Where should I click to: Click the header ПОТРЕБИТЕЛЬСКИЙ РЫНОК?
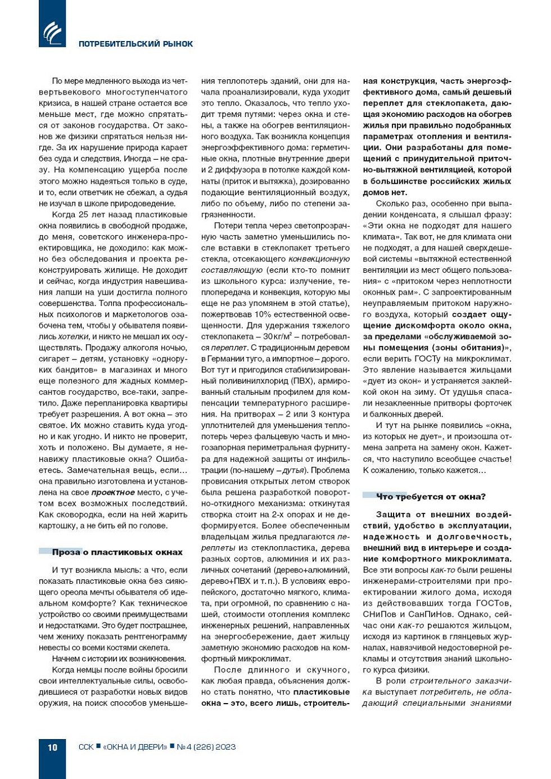[x=136, y=44]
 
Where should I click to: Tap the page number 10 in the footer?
[x=52, y=747]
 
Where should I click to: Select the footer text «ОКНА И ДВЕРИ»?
[x=135, y=747]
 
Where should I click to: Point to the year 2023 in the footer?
[x=225, y=747]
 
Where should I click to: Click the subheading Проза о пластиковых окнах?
[x=117, y=552]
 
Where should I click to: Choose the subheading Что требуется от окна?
[x=431, y=497]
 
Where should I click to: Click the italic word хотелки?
[x=74, y=336]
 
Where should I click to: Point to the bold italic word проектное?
[x=113, y=492]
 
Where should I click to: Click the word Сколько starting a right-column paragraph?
[x=391, y=204]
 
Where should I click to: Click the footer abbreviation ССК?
[x=86, y=747]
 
